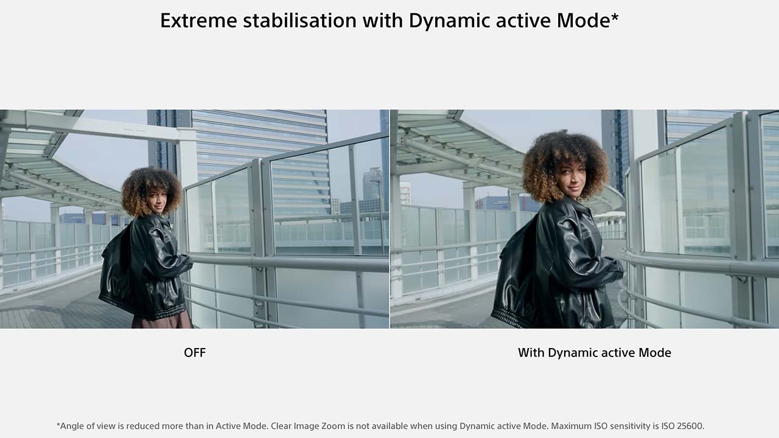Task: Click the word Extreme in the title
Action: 198,21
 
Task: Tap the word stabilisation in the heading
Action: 300,21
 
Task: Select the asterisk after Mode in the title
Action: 615,16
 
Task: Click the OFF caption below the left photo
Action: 195,353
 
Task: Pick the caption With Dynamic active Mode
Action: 595,353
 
